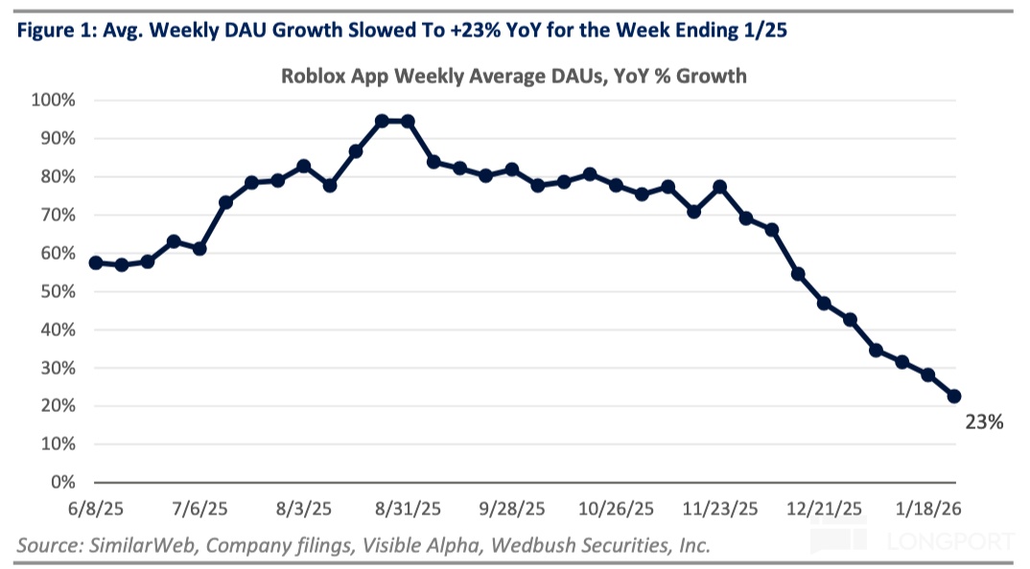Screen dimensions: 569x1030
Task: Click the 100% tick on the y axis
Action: pos(55,100)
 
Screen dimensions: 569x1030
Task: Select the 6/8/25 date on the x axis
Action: pos(94,508)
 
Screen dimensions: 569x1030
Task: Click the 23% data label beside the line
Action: pos(984,421)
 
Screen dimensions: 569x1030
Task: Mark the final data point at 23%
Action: pos(954,396)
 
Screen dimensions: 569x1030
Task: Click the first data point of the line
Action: pos(95,262)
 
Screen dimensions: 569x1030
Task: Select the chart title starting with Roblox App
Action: pos(513,76)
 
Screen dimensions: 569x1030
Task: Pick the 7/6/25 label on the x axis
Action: pos(199,508)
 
